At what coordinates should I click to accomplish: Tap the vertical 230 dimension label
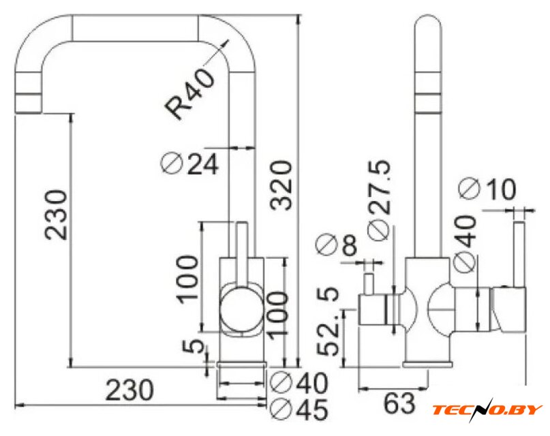click(x=55, y=214)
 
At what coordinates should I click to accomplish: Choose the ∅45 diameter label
click(x=299, y=409)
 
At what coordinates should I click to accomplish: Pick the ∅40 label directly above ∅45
click(x=299, y=381)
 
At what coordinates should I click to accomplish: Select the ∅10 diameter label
click(x=488, y=189)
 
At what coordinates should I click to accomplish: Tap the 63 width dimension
click(x=399, y=403)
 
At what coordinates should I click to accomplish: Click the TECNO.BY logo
click(x=488, y=409)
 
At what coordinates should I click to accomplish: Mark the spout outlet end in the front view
click(x=29, y=101)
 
